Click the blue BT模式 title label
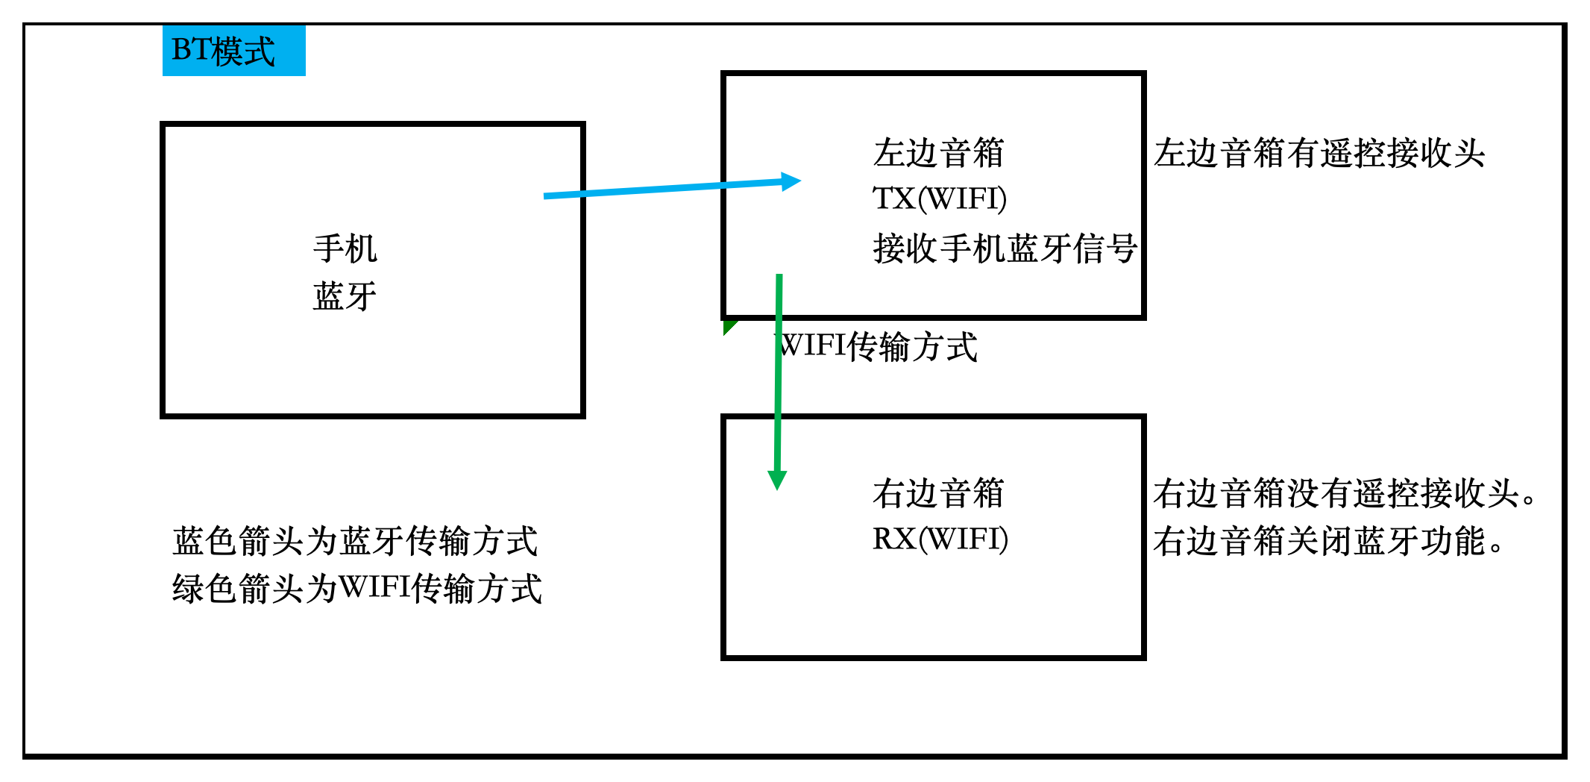point(233,51)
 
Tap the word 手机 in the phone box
point(345,248)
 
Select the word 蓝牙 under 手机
point(345,296)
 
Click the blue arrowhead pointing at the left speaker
point(792,181)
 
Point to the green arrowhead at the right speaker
point(777,480)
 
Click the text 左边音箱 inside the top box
point(938,153)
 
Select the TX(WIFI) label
point(940,199)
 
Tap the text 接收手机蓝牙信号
point(1004,248)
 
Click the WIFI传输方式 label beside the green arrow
point(877,347)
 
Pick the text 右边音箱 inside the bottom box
point(938,493)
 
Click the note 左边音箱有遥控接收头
point(1319,153)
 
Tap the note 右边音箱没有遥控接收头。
point(1344,493)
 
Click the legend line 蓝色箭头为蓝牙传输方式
point(355,541)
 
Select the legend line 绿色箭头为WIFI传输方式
point(356,589)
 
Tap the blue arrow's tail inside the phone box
point(548,196)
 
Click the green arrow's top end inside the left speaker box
point(779,278)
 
